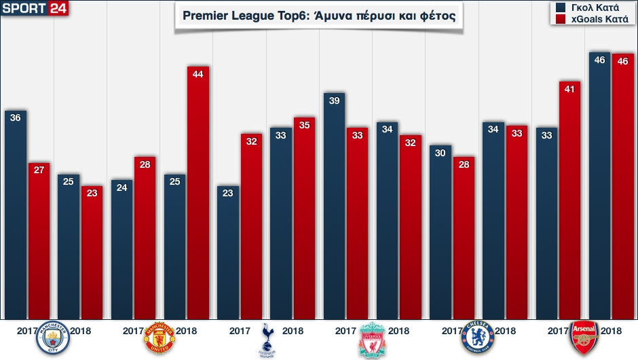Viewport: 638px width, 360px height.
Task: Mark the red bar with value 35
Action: pos(304,217)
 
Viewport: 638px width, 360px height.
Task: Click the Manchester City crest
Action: pos(52,338)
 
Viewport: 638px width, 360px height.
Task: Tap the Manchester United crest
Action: pos(159,338)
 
